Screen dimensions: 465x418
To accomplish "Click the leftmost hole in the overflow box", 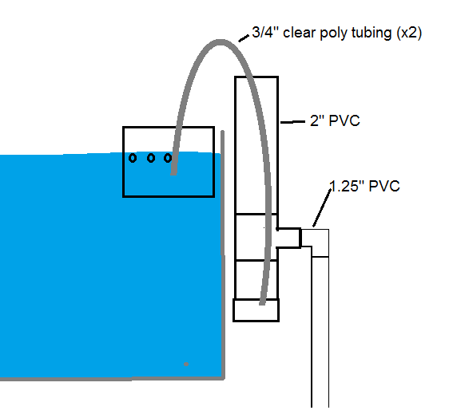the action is click(x=133, y=158).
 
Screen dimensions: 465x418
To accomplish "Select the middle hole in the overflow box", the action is click(x=151, y=158).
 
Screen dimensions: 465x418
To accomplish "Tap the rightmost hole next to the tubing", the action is click(x=168, y=158).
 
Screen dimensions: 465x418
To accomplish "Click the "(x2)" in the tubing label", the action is click(x=409, y=34).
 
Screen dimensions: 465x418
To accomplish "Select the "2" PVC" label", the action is click(x=335, y=120).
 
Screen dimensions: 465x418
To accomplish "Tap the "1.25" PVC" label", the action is click(x=364, y=186).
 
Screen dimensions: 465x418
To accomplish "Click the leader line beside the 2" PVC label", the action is click(x=292, y=122).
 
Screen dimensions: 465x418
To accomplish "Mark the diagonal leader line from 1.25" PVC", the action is click(x=322, y=208).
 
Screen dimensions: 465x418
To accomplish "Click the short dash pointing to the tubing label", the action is click(x=244, y=38).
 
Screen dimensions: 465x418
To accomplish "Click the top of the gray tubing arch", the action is click(x=220, y=42).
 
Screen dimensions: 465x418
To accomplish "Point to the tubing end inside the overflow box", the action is click(x=173, y=172).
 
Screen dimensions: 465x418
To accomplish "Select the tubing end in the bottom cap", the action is click(x=262, y=302).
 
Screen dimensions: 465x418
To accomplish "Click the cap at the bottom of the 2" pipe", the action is click(x=256, y=310).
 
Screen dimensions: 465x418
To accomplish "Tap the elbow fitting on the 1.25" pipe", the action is click(x=316, y=243).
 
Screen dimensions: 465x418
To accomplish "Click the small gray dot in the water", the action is click(x=186, y=364).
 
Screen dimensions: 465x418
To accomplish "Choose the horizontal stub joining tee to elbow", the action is click(x=289, y=238).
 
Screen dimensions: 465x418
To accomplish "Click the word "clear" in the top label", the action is click(x=300, y=32).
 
